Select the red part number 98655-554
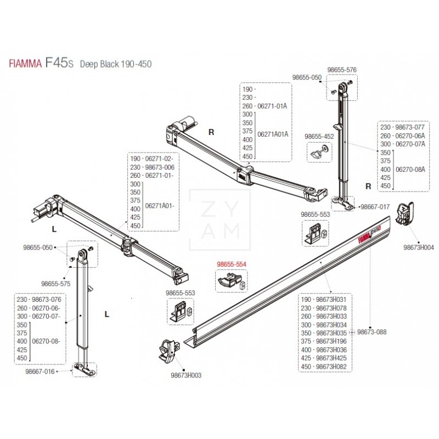click(x=232, y=264)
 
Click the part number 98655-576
click(x=342, y=70)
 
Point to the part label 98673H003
click(x=187, y=375)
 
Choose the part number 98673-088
click(x=372, y=331)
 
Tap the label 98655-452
click(x=319, y=136)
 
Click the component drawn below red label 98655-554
click(x=229, y=281)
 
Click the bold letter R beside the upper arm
click(x=210, y=132)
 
